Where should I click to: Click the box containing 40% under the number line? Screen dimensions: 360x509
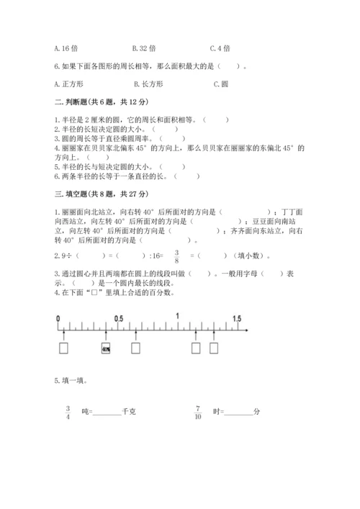[106, 348]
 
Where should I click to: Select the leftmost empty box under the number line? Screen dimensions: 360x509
[64, 348]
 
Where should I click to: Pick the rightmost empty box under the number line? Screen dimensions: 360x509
[214, 348]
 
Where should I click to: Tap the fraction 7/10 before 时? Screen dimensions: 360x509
[198, 411]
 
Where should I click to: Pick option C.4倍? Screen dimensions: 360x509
[220, 48]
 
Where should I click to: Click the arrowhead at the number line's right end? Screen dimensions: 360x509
[247, 329]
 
